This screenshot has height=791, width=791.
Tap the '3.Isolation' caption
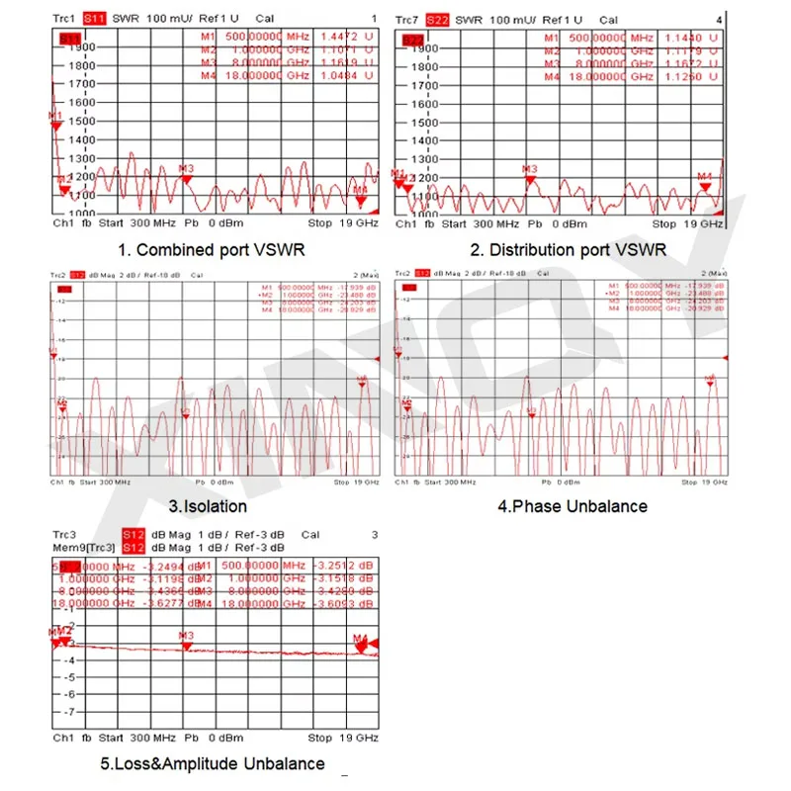tap(208, 506)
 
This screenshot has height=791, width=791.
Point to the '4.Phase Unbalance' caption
tap(571, 506)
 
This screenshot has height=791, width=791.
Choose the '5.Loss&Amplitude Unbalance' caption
tap(212, 763)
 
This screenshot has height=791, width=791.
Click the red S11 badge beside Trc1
tap(96, 19)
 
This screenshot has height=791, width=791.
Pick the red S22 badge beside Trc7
tap(436, 19)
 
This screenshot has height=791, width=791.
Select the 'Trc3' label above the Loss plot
tap(65, 535)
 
